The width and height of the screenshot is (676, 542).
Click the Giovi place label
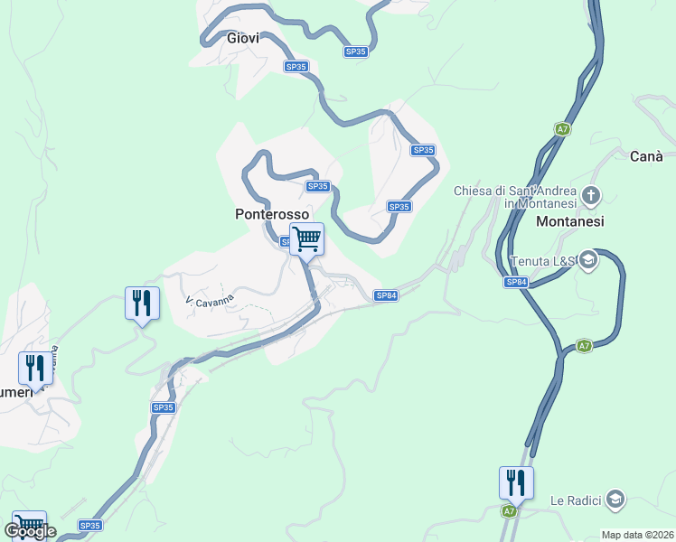point(243,38)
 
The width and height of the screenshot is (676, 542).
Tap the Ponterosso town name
point(272,215)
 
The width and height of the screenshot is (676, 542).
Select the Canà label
point(647,156)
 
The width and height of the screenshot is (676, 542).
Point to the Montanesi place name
point(570,221)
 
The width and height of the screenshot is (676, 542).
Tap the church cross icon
point(591,194)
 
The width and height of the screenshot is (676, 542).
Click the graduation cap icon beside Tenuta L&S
point(589,260)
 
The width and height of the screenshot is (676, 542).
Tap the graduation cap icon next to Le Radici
point(615,499)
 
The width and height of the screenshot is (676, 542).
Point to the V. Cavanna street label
point(210,299)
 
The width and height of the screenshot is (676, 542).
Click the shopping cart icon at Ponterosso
point(307,239)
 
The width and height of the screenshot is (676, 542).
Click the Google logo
point(31,531)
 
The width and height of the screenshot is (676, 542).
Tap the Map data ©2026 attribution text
point(638,535)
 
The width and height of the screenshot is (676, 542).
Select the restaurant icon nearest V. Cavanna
point(142,304)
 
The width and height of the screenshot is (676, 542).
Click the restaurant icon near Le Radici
point(516,482)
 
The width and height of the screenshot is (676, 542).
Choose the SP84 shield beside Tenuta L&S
point(516,283)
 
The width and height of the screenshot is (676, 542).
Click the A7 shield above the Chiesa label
point(563,129)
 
